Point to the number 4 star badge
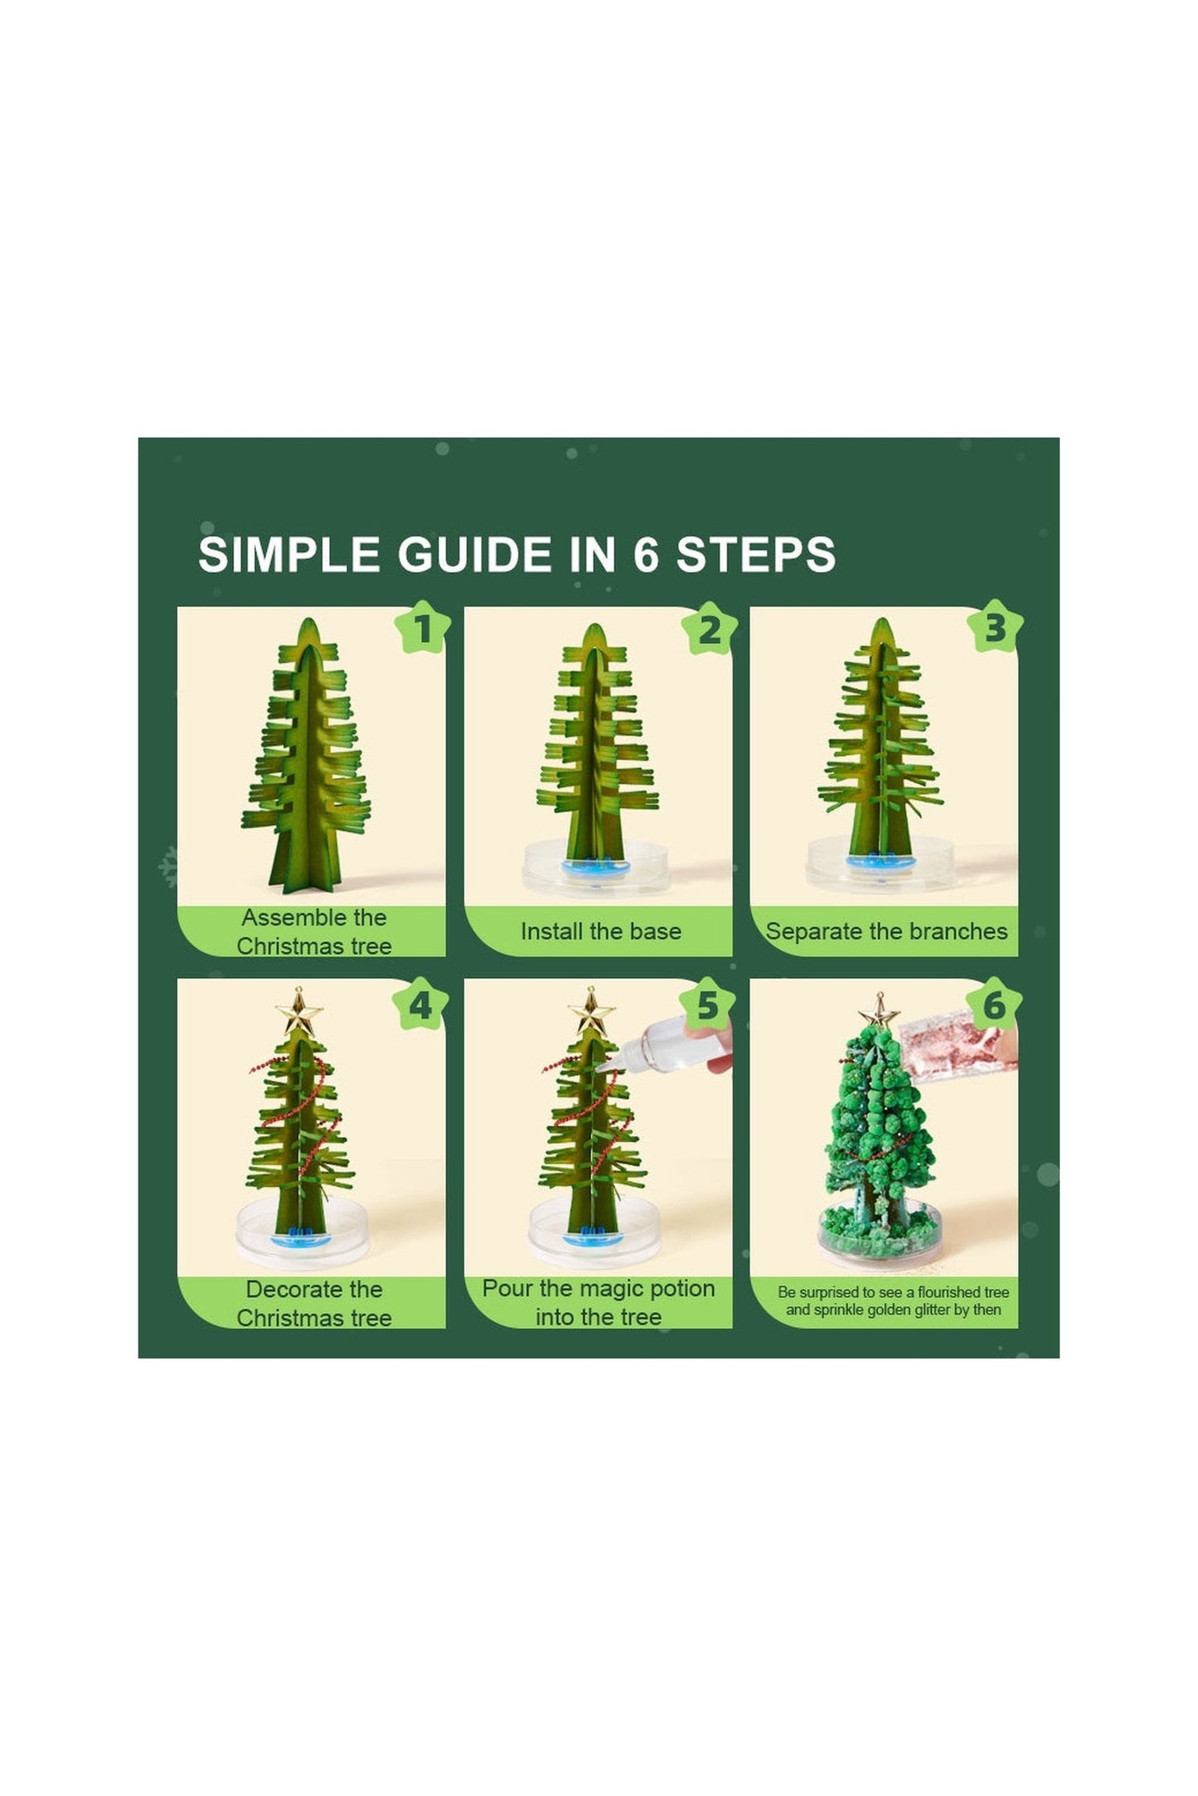coord(420,1005)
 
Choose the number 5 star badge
coord(707,1005)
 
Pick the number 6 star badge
coord(993,1005)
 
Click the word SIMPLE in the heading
coord(289,554)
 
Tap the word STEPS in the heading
coord(755,554)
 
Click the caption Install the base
coord(600,931)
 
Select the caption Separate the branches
coord(886,932)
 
